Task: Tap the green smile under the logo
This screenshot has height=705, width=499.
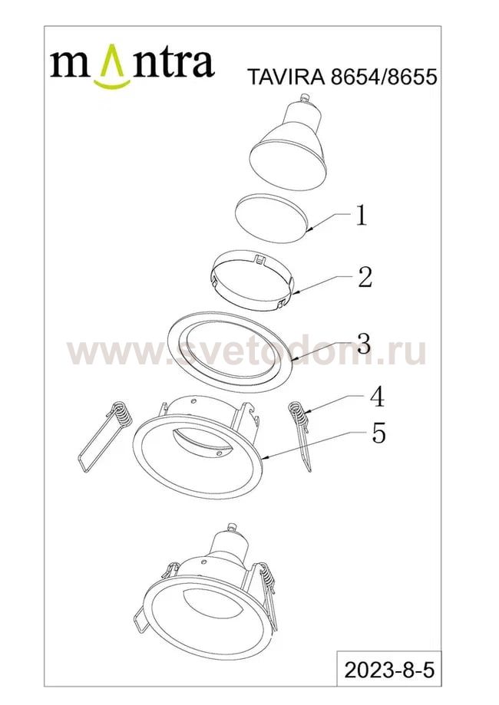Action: coord(112,84)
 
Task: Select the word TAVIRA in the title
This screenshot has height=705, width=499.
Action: coord(286,77)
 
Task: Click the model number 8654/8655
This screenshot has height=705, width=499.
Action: coord(384,77)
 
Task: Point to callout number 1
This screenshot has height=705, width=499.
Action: coord(361,216)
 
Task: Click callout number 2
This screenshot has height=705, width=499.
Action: coord(365,278)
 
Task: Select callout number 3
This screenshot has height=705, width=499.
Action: coord(364,344)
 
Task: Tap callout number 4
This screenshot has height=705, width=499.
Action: coord(377,397)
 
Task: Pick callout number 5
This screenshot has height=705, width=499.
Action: coord(378,434)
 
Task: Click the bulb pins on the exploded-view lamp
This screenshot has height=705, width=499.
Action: coord(306,97)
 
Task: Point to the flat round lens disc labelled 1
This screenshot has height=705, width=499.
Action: coord(271,218)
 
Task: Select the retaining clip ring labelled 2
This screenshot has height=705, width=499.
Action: coord(252,282)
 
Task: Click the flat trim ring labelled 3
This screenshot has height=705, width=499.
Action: coord(230,346)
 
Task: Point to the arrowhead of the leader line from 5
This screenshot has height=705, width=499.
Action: coord(263,458)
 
